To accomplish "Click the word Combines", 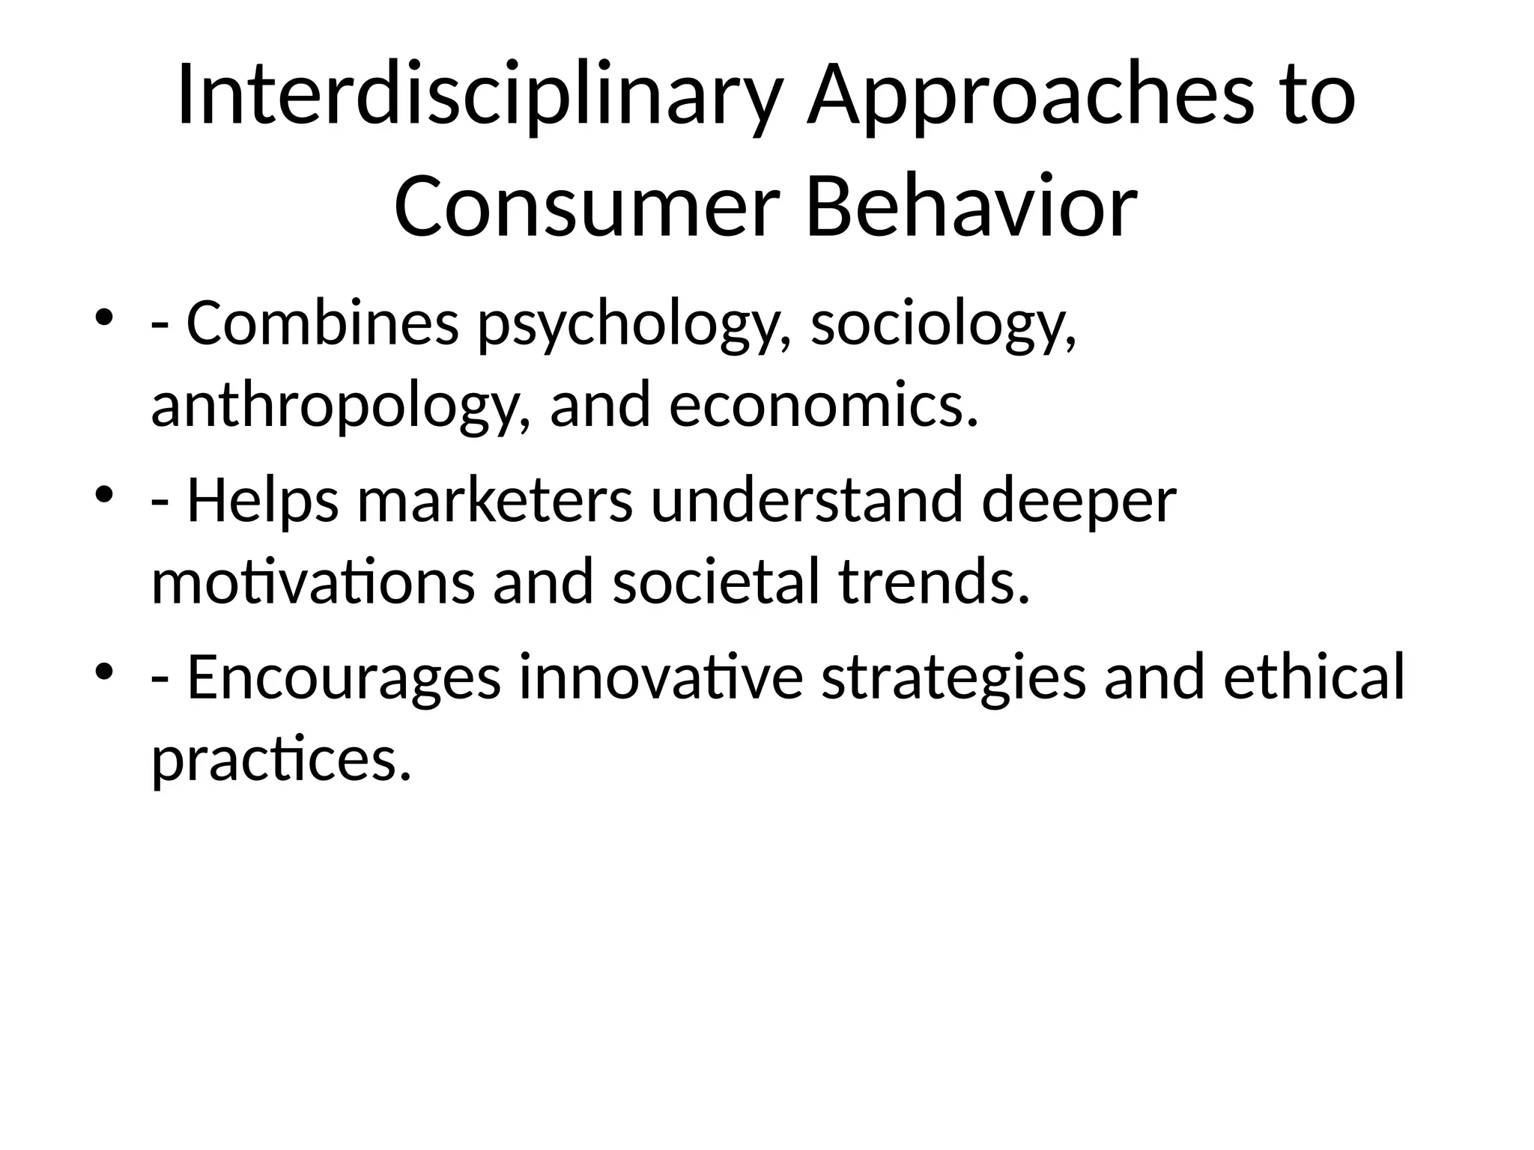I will click(322, 324).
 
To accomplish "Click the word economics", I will click(823, 405).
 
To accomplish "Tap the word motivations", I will click(312, 582).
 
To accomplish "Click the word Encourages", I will click(343, 678).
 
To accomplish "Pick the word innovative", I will click(661, 677).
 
